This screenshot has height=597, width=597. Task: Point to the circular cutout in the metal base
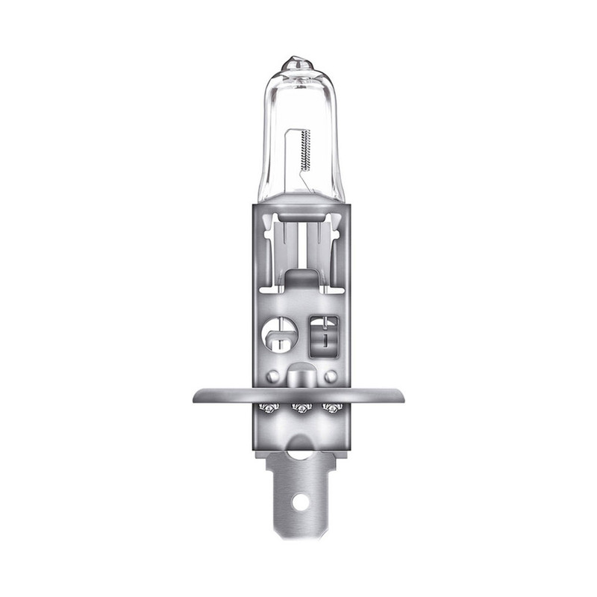(278, 333)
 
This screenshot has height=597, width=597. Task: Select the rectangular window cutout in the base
(323, 333)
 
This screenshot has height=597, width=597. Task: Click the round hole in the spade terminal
(300, 502)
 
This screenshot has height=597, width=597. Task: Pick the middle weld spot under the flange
(300, 407)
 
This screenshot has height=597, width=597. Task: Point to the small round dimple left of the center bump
(274, 375)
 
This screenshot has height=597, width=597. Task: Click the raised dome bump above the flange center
(300, 373)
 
